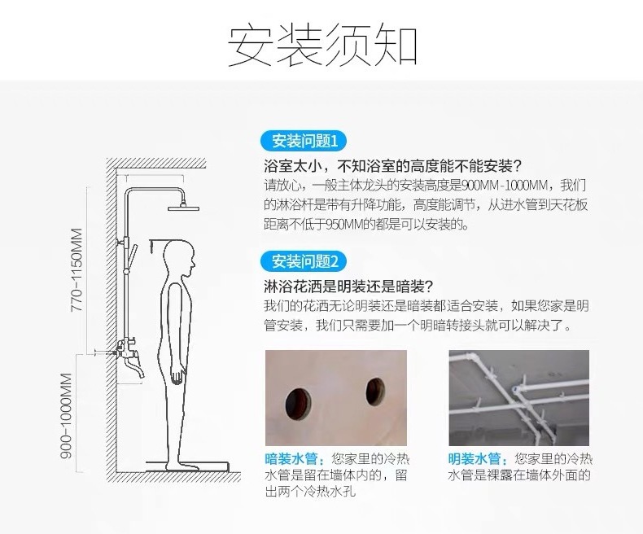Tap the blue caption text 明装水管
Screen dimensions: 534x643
coord(475,457)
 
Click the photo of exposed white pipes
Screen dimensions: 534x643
coord(518,398)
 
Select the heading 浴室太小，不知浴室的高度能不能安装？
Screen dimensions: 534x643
coord(393,164)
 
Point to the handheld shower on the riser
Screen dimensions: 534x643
coord(134,252)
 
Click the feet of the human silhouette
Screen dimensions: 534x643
coord(181,462)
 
